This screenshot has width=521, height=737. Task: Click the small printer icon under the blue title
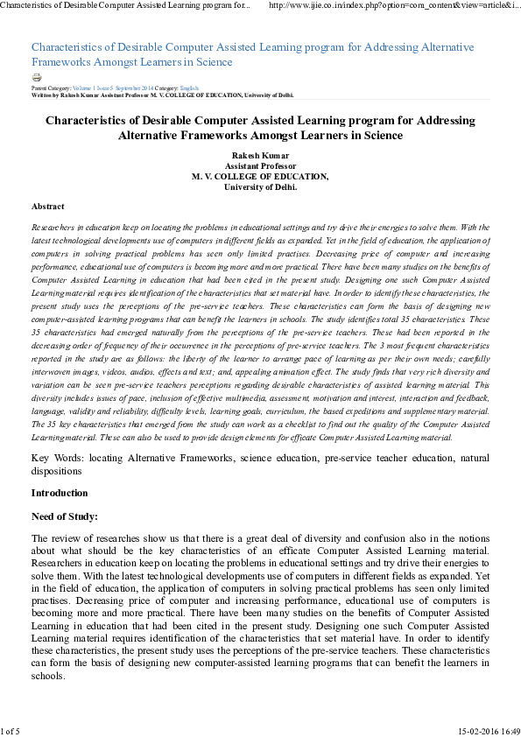click(36, 78)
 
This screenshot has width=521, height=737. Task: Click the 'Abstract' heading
click(47, 207)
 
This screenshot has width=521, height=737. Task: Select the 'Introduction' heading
click(59, 493)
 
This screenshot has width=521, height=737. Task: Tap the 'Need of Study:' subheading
click(64, 516)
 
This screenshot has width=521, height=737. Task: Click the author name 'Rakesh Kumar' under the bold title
click(260, 156)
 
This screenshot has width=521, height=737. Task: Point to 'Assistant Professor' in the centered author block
click(260, 166)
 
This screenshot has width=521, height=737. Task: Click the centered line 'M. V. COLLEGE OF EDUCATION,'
click(260, 177)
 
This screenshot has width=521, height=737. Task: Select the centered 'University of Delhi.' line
click(260, 186)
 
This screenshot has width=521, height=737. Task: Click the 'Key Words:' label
click(56, 458)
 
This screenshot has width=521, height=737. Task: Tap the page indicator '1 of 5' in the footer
click(10, 730)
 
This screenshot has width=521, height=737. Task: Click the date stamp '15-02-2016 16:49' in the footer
click(488, 730)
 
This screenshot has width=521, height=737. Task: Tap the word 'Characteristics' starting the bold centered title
click(86, 121)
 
